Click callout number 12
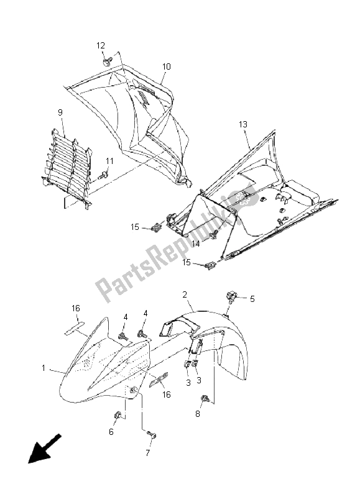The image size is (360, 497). [101, 45]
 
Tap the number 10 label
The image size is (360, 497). [166, 66]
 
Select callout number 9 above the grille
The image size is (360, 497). [60, 112]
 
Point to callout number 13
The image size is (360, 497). [243, 125]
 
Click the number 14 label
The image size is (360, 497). [196, 244]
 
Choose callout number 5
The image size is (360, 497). [252, 299]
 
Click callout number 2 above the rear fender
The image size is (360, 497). [185, 294]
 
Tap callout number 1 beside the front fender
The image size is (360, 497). [44, 368]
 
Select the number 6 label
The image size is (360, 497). [111, 432]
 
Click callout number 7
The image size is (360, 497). [147, 454]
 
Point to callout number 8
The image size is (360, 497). [198, 414]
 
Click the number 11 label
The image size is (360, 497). [109, 161]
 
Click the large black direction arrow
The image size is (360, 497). [44, 449]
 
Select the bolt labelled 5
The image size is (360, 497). [231, 298]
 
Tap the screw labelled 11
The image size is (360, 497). [103, 175]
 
